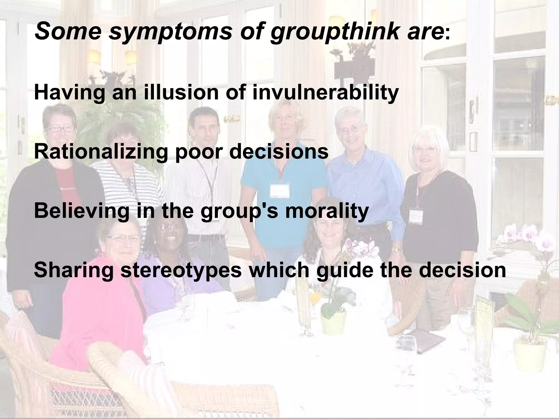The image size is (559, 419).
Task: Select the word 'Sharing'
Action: (74, 270)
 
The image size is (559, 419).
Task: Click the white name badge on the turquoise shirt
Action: (279, 191)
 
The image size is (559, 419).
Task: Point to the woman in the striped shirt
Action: (124, 169)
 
